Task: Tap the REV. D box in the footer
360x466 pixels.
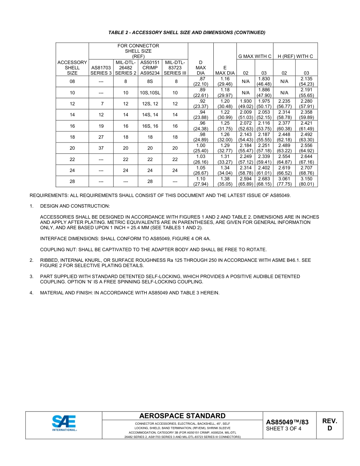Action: click(329, 425)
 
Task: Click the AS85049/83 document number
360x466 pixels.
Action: click(287, 422)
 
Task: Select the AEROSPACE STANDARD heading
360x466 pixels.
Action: click(182, 416)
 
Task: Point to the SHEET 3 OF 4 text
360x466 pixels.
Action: click(283, 429)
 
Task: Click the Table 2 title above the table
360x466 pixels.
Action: click(187, 33)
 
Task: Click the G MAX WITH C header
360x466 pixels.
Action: click(255, 56)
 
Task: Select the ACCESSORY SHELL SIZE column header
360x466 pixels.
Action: click(72, 67)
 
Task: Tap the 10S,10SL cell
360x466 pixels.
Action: click(150, 93)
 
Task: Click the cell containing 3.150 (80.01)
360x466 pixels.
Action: click(306, 181)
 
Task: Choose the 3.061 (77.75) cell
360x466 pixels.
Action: click(284, 181)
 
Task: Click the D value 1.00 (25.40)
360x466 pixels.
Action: click(200, 148)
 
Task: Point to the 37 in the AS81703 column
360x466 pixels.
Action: click(101, 148)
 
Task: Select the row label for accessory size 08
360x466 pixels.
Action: click(72, 82)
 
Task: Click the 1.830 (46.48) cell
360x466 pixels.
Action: click(264, 82)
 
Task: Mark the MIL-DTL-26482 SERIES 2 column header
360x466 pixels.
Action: click(125, 67)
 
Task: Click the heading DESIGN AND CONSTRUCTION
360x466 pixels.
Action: click(75, 206)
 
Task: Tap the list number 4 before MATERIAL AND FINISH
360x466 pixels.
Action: click(31, 293)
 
